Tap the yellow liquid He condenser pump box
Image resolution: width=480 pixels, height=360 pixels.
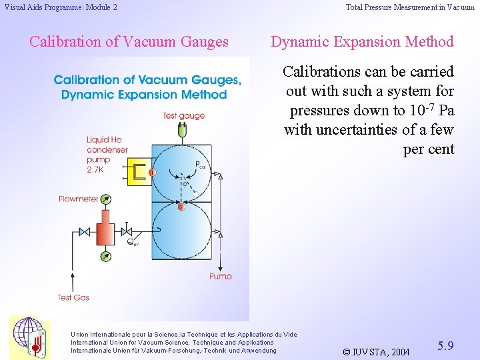139,172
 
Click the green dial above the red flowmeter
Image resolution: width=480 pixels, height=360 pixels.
105,199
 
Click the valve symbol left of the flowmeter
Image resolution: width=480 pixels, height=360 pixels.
84,233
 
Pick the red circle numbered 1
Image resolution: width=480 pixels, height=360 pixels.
153,173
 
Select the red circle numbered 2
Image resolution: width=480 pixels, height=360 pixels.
181,207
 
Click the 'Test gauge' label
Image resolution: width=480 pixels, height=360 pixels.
183,116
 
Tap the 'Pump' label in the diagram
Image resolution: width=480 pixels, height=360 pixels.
221,276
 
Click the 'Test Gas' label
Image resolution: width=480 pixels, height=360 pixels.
73,297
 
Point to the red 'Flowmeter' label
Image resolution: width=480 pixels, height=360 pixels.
78,199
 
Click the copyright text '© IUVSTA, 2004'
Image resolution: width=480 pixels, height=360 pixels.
376,351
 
